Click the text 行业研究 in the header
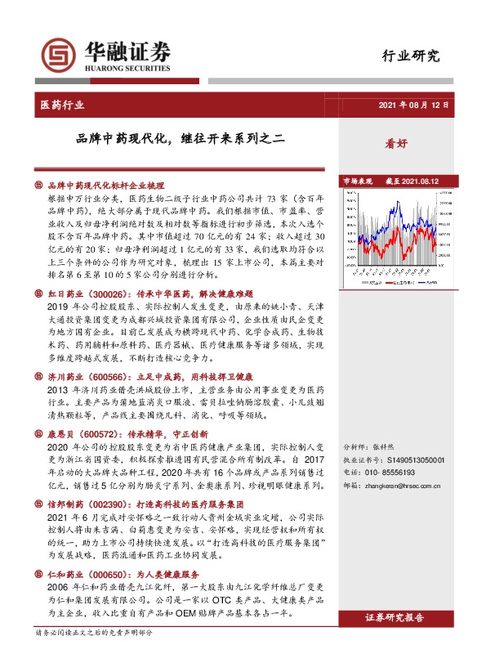tap(411, 56)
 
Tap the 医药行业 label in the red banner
tap(62, 105)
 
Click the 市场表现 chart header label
tap(357, 181)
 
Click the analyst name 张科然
tap(383, 448)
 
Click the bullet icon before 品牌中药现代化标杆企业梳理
tap(39, 186)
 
